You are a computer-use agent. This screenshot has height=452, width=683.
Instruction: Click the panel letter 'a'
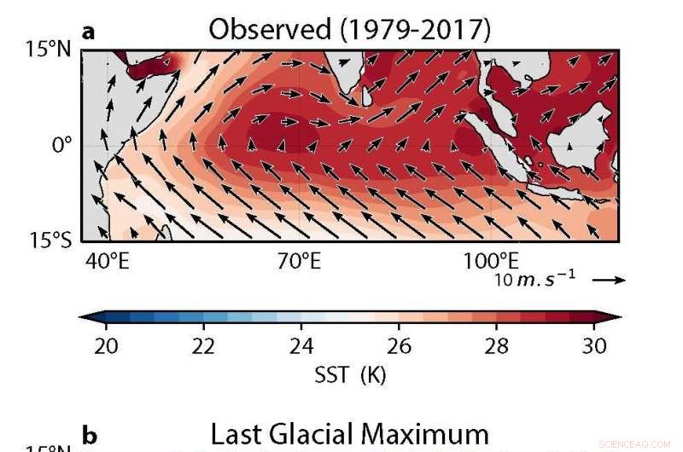coord(89,32)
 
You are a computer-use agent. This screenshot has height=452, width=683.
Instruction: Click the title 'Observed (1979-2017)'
coord(350,30)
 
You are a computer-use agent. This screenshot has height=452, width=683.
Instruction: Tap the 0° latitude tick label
coord(62,145)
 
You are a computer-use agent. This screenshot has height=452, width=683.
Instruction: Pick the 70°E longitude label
coord(299,261)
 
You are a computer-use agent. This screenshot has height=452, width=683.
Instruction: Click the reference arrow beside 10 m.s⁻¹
coord(608,279)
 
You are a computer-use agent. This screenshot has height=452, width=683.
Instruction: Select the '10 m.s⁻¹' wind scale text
coord(534,280)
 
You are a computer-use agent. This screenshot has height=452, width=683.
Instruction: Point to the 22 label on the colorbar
coord(203,345)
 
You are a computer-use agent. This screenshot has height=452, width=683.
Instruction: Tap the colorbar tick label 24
coord(301,345)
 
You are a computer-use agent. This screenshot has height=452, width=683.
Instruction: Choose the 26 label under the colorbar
coord(399,345)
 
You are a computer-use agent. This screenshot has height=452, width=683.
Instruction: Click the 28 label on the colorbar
coord(496,345)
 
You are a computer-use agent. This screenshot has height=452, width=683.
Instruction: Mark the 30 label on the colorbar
coord(594,345)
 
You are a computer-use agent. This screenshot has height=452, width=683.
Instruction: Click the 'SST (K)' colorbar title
coord(350,374)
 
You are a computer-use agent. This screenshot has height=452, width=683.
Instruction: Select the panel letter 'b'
coord(89,437)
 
